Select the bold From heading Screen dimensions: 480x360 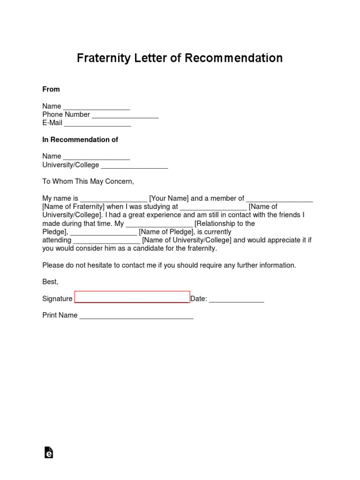[x=51, y=89]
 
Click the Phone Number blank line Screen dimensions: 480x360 [x=125, y=115]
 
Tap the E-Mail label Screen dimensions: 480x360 [x=52, y=124]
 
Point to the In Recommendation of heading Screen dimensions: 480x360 [x=80, y=140]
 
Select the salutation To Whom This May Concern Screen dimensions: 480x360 [x=88, y=181]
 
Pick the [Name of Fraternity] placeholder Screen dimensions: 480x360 [x=73, y=207]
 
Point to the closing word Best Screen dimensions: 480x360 [x=50, y=282]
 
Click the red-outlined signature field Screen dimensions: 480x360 [x=132, y=297]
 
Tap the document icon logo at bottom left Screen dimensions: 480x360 [x=48, y=452]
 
